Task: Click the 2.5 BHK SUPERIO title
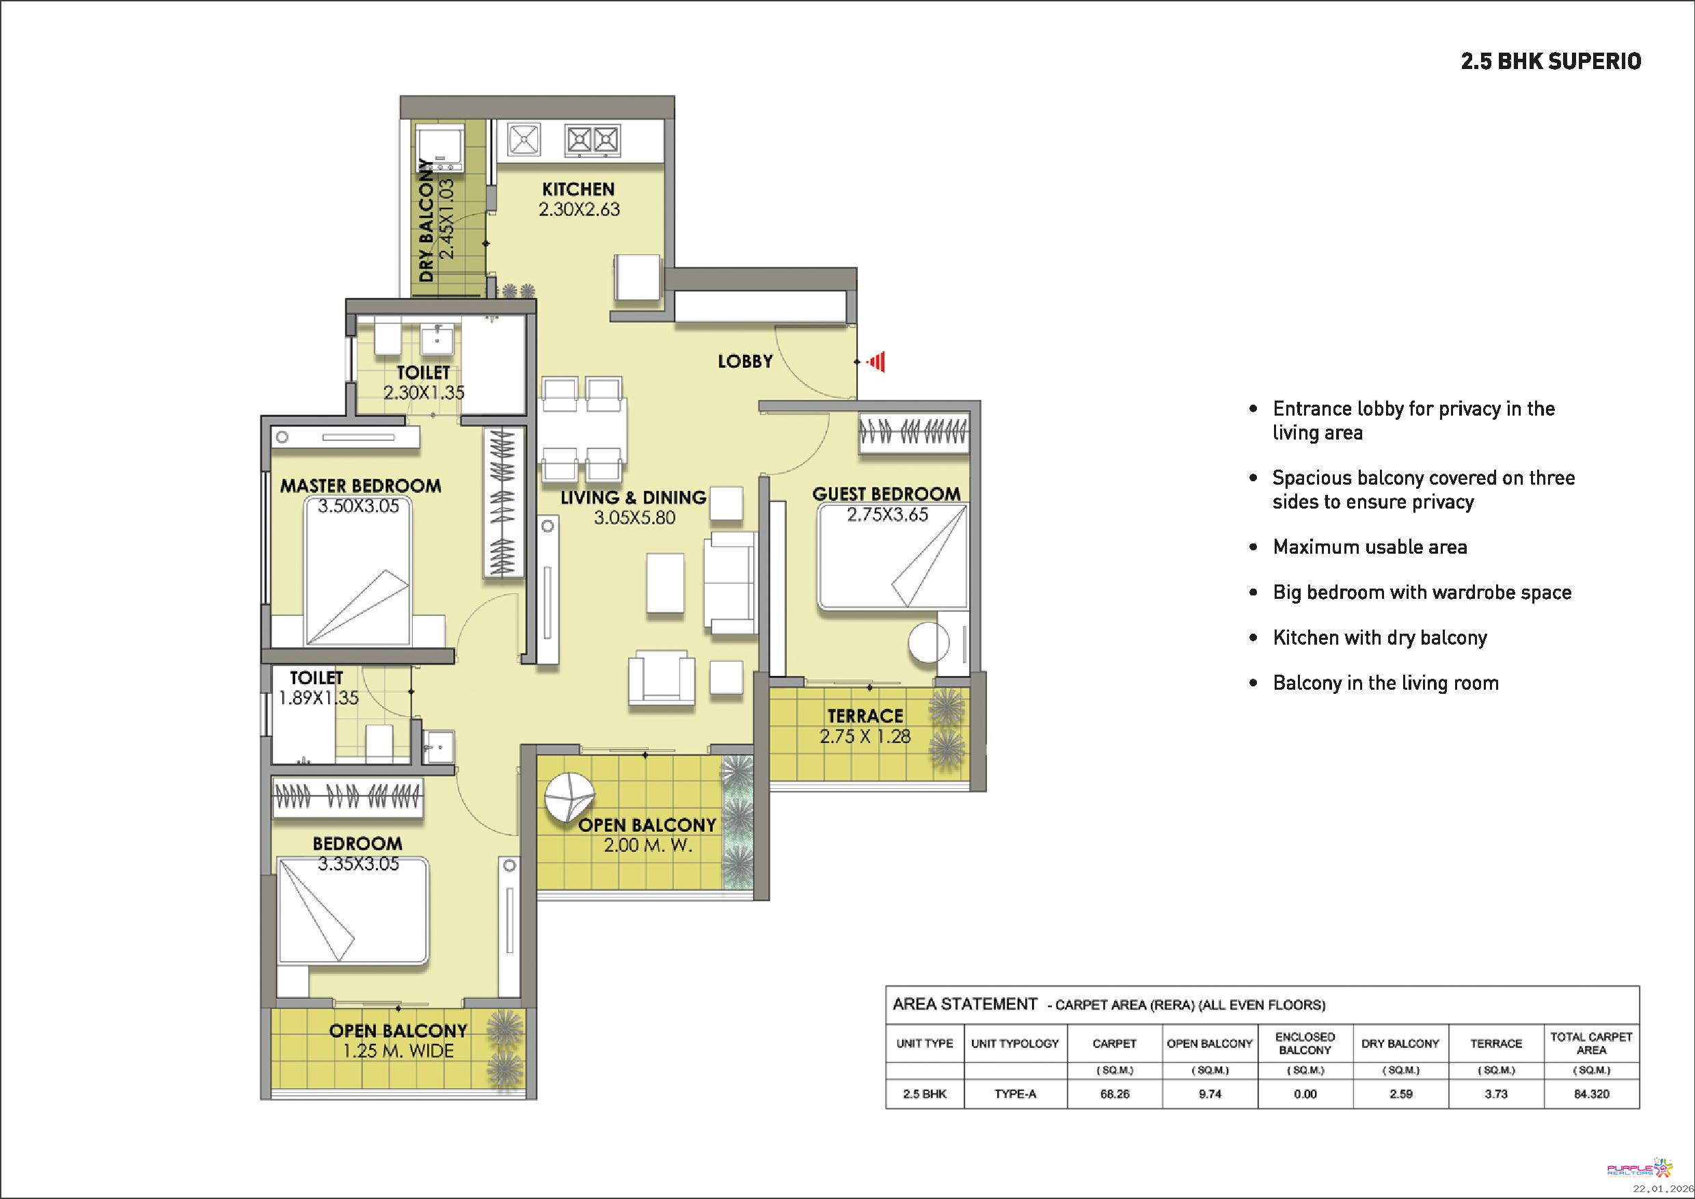pos(1551,62)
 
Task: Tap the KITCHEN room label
pos(578,189)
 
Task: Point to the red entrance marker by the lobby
pos(876,362)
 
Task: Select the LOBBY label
pos(745,361)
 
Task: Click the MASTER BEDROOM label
pos(360,486)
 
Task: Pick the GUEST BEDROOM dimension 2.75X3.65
pos(886,515)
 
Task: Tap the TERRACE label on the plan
pos(865,716)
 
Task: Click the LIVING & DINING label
pos(634,498)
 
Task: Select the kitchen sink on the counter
pos(524,139)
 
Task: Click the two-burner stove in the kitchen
pos(592,139)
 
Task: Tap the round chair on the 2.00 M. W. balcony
pos(569,797)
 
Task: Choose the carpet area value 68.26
pos(1115,1094)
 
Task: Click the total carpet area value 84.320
pos(1592,1094)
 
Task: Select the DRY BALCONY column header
pos(1400,1043)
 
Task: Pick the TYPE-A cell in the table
pos(1015,1094)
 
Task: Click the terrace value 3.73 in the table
pos(1496,1094)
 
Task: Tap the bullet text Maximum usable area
pos(1370,547)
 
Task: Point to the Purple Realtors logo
pos(1639,1169)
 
